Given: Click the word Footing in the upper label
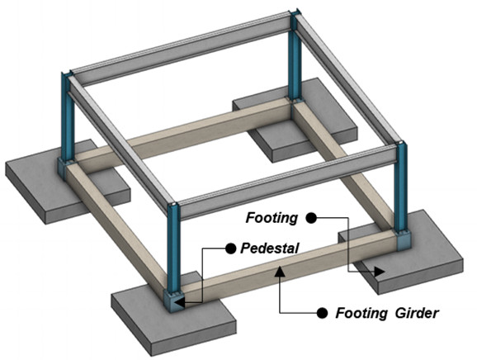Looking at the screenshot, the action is (272, 218).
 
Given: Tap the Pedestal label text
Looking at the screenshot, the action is (270, 249).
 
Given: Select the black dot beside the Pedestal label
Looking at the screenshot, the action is (231, 249).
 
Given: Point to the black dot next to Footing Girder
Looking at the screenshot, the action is (322, 313).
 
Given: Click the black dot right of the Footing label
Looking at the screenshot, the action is (311, 218).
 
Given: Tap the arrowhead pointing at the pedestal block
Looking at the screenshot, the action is (180, 303).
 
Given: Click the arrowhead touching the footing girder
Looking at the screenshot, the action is (280, 271).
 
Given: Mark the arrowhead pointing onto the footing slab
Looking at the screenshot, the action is (380, 272).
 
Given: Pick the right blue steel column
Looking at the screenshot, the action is (400, 187).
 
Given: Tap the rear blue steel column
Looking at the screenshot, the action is (295, 56).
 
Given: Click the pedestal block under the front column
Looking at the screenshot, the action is (174, 301).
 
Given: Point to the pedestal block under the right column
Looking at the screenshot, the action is (404, 240).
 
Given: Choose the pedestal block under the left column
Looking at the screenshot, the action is (65, 168).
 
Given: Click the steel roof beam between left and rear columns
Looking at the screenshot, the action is (182, 50).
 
